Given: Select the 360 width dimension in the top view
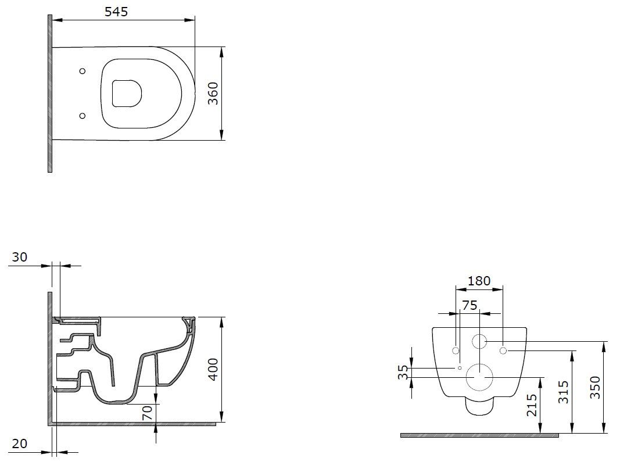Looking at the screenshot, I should pos(213,93).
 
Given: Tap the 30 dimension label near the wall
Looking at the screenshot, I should pos(20,257).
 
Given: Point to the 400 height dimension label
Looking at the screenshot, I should pos(213,369).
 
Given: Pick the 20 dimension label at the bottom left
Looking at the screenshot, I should pos(20,443).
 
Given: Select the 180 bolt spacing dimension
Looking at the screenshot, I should pos(479,281).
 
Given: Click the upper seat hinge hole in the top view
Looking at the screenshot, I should pos(82,71).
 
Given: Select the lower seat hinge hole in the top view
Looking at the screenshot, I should pos(82,115).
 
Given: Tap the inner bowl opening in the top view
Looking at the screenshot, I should pos(126,93).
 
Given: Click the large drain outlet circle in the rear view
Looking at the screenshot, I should pos(479,377).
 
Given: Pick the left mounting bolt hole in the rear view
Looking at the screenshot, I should pos(456,350).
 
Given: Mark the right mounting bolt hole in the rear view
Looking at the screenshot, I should pos(503,350).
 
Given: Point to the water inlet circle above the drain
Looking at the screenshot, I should pos(479,341).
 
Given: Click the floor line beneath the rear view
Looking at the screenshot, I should pos(479,435).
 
